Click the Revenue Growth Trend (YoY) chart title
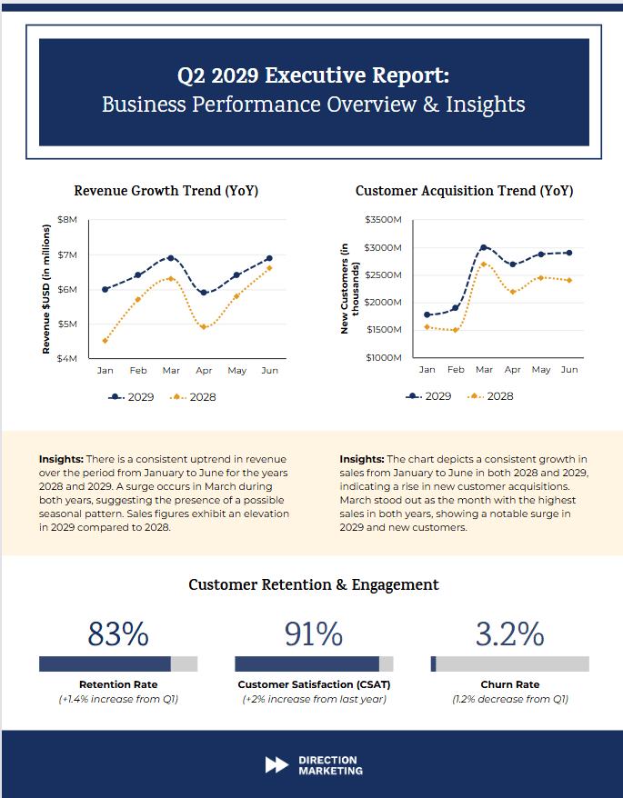click(x=166, y=191)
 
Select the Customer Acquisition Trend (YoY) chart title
click(x=464, y=191)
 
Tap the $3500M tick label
click(x=382, y=220)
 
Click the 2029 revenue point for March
click(x=171, y=258)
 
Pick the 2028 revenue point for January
click(x=106, y=341)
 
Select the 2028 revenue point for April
click(x=204, y=327)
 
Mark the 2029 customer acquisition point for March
click(x=483, y=247)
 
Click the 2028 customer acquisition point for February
click(x=455, y=330)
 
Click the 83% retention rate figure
click(x=117, y=633)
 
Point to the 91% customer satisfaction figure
click(x=314, y=633)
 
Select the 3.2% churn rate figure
click(x=509, y=633)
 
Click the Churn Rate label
click(x=509, y=684)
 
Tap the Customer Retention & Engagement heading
click(x=313, y=584)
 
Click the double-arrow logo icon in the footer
click(x=276, y=765)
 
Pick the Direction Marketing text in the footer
click(x=329, y=765)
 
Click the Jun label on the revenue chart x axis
click(x=269, y=371)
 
